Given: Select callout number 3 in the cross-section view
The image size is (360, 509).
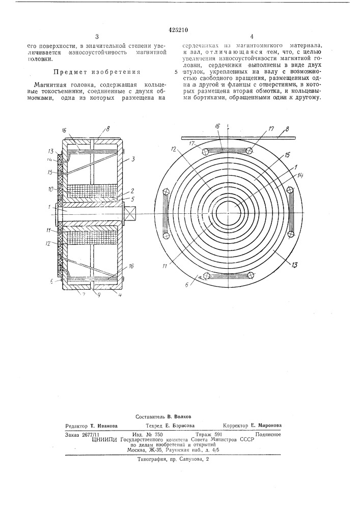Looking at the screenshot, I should pos(132,159).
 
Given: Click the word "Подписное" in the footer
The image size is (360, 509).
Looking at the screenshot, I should pos(269,434).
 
